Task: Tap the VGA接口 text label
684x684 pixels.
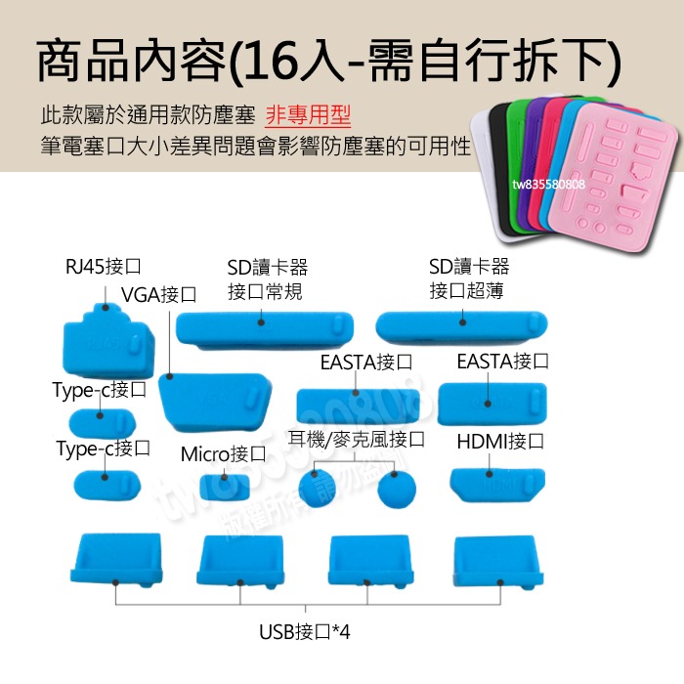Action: tap(158, 295)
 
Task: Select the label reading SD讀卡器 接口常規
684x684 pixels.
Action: tap(266, 279)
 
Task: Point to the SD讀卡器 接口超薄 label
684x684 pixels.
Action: tap(468, 278)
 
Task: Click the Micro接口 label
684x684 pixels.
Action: tap(223, 455)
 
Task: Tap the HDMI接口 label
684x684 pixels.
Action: tap(500, 442)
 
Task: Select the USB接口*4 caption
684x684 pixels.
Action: tap(304, 632)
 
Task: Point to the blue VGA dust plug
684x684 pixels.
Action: tap(213, 401)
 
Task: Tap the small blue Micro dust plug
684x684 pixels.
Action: tap(222, 486)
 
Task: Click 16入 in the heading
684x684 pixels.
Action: tap(287, 62)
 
